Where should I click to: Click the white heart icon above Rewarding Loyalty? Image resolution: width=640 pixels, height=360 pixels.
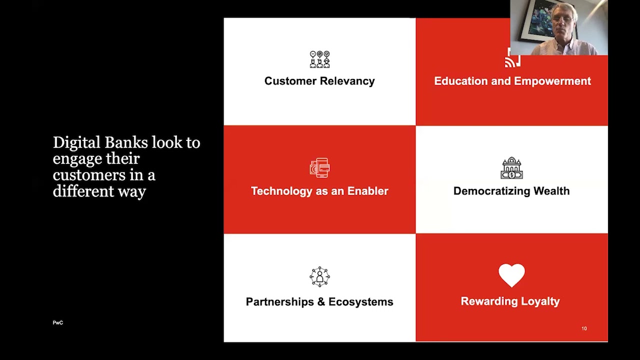[511, 275]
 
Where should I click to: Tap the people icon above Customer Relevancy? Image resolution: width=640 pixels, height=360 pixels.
[319, 59]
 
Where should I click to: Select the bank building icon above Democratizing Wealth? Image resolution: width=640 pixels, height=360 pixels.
[511, 168]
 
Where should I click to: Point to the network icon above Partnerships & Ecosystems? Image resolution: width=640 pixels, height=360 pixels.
[319, 276]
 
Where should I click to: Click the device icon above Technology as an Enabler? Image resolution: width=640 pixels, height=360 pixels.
[319, 168]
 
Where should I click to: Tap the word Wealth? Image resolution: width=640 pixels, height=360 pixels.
[551, 191]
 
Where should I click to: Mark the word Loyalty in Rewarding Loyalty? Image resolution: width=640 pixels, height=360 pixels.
[539, 301]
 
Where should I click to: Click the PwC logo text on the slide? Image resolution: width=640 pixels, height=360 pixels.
[58, 323]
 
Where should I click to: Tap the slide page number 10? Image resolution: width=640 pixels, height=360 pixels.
[584, 328]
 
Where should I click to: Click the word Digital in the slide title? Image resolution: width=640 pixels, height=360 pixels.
[76, 143]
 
